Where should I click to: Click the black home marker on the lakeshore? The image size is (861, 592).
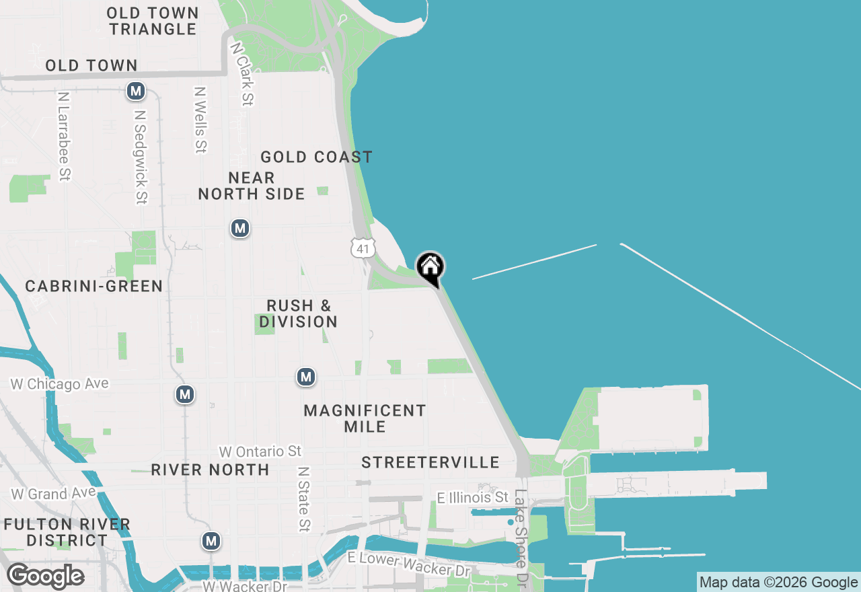(x=430, y=268)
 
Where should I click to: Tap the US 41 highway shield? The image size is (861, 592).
(x=363, y=248)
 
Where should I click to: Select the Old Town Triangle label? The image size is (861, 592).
(x=153, y=21)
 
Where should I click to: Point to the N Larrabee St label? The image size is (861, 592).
(x=64, y=137)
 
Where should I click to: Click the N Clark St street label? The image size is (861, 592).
(x=242, y=74)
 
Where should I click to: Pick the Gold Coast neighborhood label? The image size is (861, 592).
(x=316, y=157)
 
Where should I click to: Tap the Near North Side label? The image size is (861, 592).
(x=252, y=186)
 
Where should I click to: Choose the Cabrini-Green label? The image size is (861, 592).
(x=94, y=286)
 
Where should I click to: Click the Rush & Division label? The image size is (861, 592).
(x=299, y=313)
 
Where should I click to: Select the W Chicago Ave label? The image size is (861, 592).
(x=59, y=383)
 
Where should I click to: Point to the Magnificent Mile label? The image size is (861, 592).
(x=365, y=418)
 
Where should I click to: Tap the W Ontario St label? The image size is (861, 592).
(x=260, y=451)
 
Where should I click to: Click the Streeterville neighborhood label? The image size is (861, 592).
(x=430, y=462)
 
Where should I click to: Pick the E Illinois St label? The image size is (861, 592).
(x=472, y=498)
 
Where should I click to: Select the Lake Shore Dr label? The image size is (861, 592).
(x=521, y=535)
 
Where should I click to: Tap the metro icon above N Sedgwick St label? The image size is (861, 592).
(x=137, y=91)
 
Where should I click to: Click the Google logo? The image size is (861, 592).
(x=45, y=576)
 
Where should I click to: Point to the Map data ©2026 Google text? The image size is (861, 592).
(x=778, y=583)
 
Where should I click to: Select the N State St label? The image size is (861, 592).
(x=304, y=499)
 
